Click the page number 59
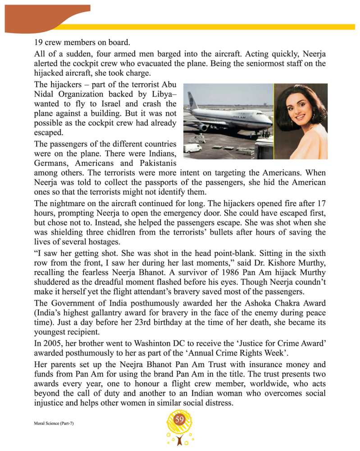point(180,420)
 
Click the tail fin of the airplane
point(192,100)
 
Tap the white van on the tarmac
point(192,148)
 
